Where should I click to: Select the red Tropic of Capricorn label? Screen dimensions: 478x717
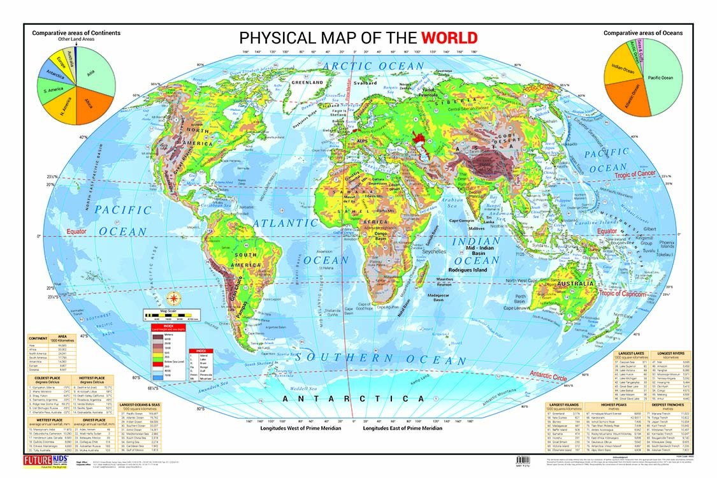(x=622, y=294)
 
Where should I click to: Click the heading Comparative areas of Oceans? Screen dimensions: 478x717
(x=643, y=33)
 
